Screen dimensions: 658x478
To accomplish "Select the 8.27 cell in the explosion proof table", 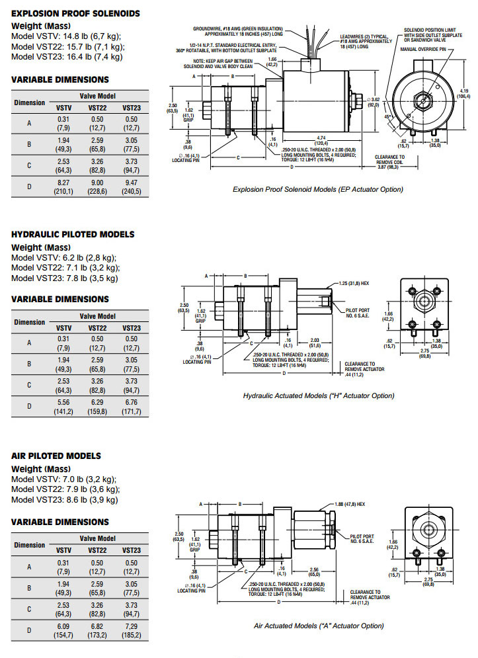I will (x=64, y=183).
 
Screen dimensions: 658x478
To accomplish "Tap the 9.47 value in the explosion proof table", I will (x=132, y=183).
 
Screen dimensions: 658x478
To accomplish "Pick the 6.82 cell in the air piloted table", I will (x=98, y=625).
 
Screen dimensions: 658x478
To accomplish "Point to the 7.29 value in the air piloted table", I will (x=132, y=625).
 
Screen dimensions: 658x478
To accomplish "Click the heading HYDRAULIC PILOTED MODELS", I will (x=73, y=234).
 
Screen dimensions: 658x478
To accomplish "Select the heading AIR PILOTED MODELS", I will (x=56, y=456).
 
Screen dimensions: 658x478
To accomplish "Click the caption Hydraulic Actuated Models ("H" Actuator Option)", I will (x=318, y=395).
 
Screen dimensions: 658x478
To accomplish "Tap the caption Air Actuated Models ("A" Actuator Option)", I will (x=318, y=626).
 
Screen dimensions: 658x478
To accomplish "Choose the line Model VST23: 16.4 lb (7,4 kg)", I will (x=67, y=56).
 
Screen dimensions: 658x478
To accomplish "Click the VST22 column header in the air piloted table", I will (x=98, y=550).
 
